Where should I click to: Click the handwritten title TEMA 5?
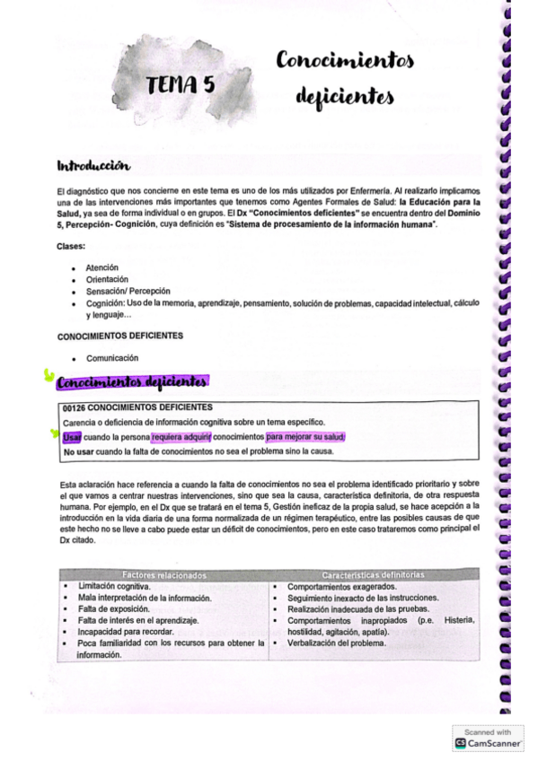click(x=185, y=85)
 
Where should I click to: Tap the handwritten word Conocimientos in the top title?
click(x=346, y=61)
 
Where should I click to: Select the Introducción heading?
click(x=93, y=166)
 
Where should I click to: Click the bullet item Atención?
click(x=101, y=267)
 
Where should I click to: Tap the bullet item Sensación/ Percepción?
click(x=128, y=292)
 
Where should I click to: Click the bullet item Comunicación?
click(x=112, y=358)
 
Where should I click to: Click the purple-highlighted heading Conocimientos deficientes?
click(x=133, y=384)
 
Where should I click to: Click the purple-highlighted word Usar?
click(x=72, y=437)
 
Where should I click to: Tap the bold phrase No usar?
click(x=79, y=452)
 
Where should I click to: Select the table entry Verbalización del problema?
click(x=337, y=644)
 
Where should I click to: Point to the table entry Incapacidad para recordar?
click(x=124, y=632)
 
